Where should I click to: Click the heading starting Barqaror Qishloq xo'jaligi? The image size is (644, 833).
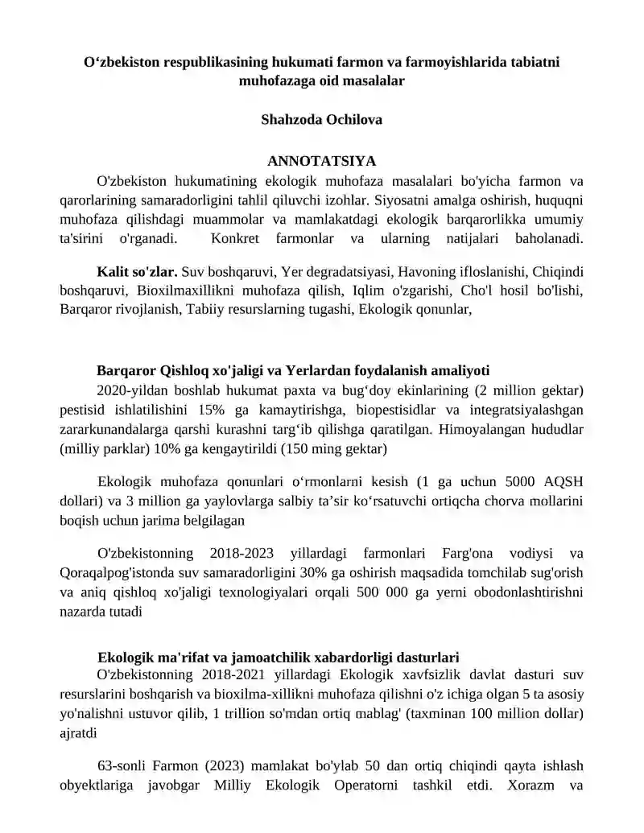tap(292, 371)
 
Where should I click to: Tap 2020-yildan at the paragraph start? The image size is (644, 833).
tap(130, 390)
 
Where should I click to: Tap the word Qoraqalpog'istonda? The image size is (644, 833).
tap(127, 572)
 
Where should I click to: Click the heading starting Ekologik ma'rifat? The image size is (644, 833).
tap(278, 656)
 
